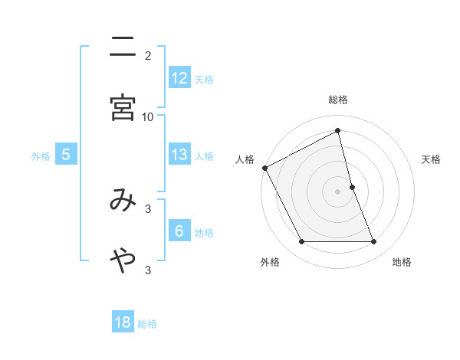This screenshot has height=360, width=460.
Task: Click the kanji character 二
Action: click(123, 47)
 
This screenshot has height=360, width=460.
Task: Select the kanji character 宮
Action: click(123, 108)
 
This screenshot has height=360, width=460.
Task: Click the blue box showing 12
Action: click(179, 78)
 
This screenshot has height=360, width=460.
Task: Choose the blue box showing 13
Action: click(179, 155)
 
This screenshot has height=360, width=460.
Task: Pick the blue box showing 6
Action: click(179, 231)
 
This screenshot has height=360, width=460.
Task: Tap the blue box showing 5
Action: click(66, 155)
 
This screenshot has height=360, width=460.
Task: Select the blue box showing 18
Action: click(123, 322)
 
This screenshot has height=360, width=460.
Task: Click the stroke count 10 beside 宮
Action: click(148, 116)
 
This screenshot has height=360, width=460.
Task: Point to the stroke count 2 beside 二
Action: click(148, 56)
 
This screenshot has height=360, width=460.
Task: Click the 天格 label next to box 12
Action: click(204, 79)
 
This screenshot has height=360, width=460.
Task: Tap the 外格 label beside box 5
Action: click(41, 155)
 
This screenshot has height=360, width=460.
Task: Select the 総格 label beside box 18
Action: click(147, 323)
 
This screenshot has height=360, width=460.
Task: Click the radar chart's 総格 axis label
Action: click(338, 100)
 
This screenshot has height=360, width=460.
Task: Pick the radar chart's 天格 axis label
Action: click(432, 159)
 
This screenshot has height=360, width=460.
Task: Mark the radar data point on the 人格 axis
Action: click(264, 168)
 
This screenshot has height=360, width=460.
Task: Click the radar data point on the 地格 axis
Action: click(374, 242)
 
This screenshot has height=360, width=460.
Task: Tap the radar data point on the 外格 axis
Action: click(301, 242)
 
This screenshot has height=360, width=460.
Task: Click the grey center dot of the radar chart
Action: click(338, 191)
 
